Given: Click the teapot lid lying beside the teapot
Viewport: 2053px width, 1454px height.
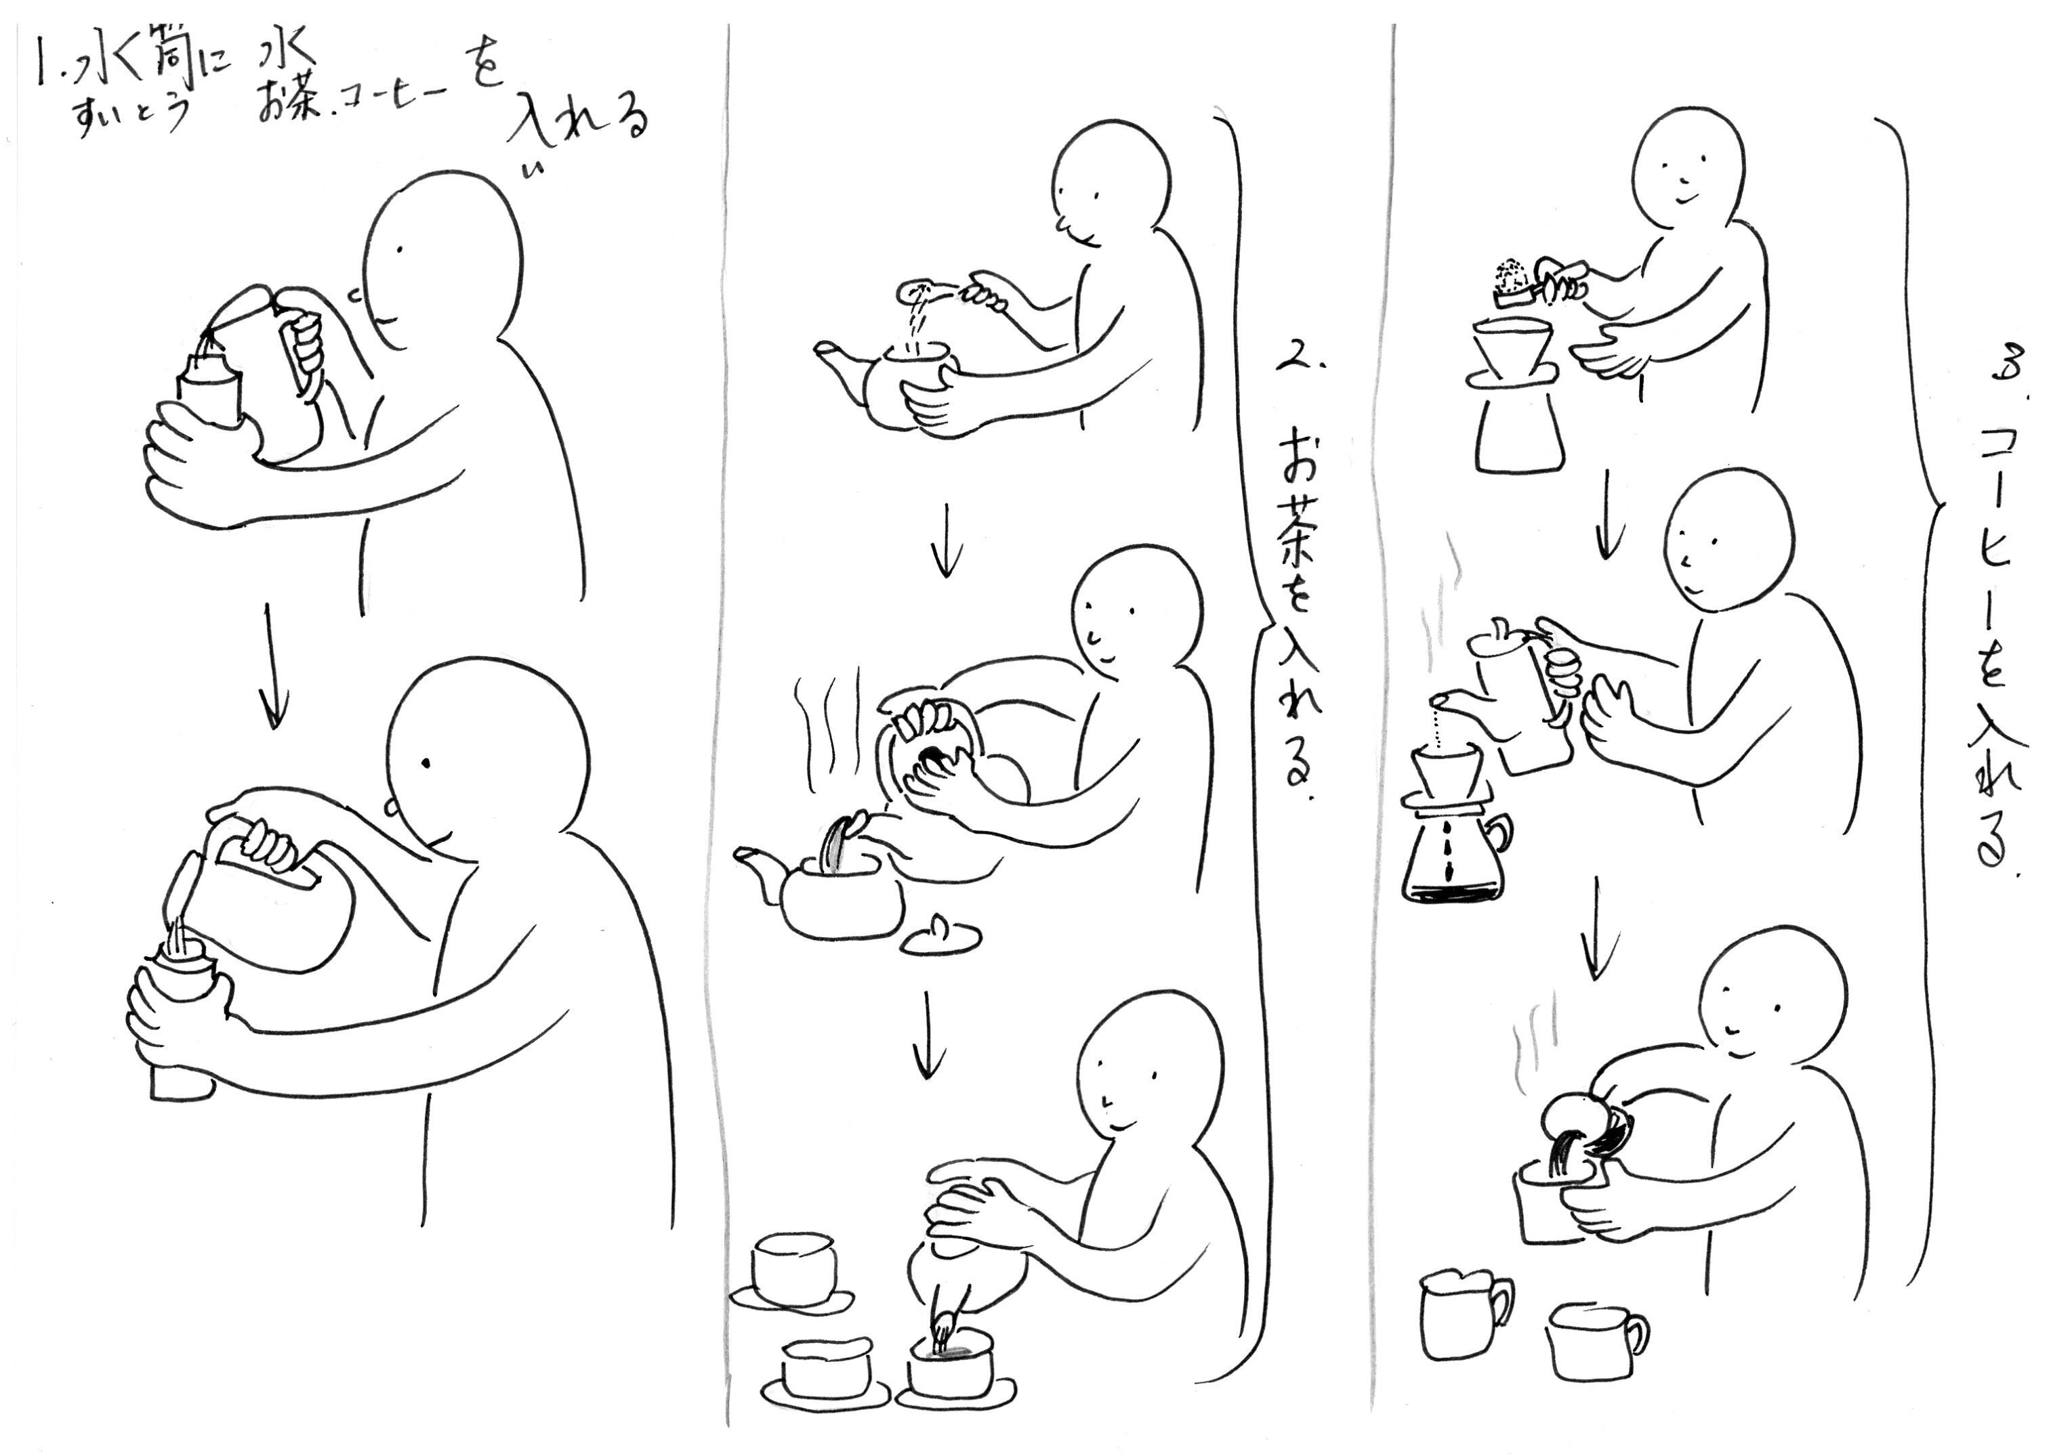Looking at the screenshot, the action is pyautogui.click(x=938, y=935).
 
